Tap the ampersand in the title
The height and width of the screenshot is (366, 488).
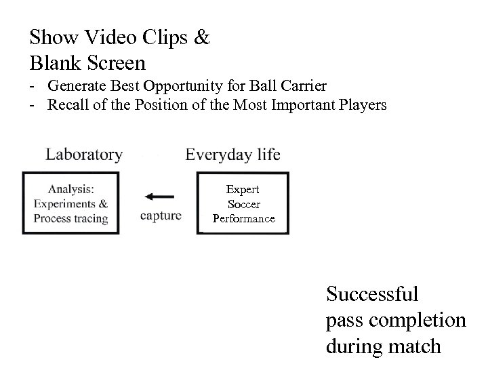tap(202, 37)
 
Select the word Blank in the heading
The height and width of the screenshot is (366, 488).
tap(55, 63)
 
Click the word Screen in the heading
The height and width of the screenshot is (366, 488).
tap(115, 63)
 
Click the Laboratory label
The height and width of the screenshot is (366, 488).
tap(84, 155)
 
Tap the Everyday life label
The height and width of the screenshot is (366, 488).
tap(232, 155)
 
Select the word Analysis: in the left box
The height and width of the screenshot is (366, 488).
tap(70, 189)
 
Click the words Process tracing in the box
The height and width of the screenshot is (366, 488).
tap(70, 218)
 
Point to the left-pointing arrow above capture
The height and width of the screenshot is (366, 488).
tap(160, 197)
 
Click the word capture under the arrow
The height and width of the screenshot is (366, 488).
tap(161, 216)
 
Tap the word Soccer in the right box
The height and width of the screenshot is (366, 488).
tap(244, 204)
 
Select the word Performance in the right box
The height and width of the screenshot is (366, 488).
tap(244, 218)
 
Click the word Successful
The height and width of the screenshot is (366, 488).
tap(372, 294)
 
